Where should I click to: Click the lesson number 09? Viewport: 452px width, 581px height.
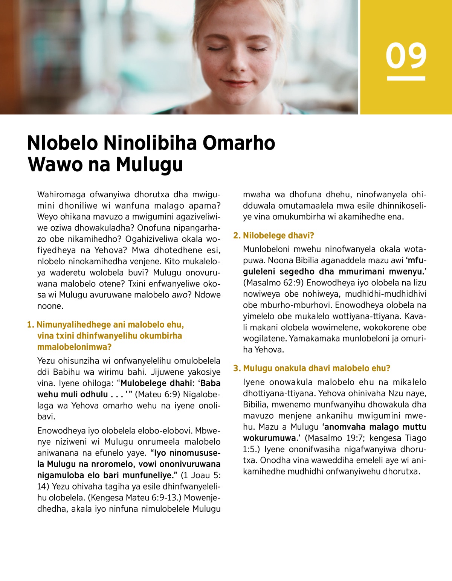click(x=406, y=56)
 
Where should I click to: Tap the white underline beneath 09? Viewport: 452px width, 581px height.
click(x=406, y=78)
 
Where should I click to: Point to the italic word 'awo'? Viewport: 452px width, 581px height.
click(x=179, y=295)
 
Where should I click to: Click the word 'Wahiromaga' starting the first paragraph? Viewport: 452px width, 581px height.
click(x=61, y=195)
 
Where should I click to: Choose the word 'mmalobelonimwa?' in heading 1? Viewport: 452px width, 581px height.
click(x=74, y=347)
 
